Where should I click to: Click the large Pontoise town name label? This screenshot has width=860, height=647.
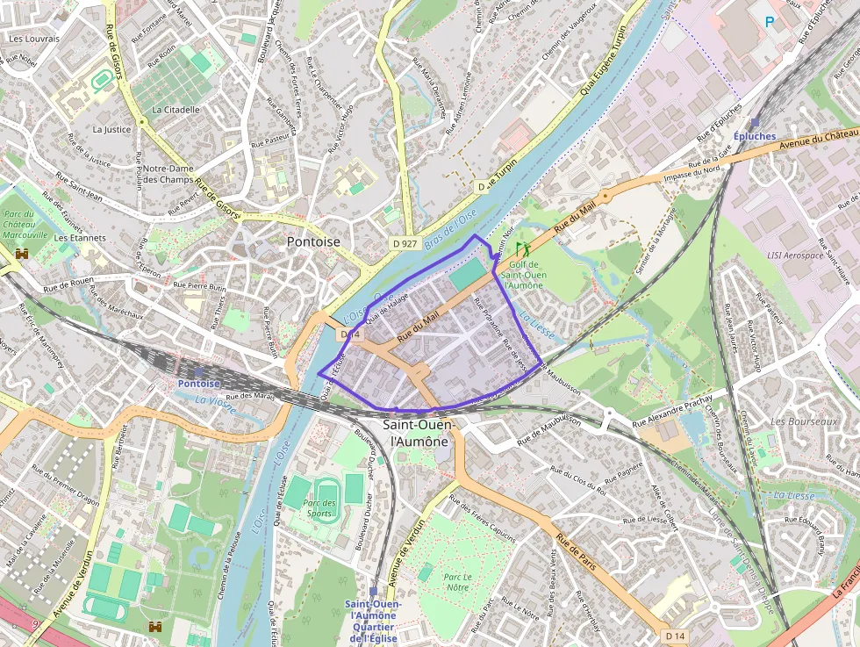[313, 241]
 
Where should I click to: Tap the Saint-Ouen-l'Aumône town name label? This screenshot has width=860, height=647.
[418, 433]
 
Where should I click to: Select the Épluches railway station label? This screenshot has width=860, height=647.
[755, 136]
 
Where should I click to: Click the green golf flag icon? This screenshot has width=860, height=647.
[523, 248]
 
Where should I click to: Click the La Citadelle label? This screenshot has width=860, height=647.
[176, 110]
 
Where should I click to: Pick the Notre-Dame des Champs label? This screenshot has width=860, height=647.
[168, 174]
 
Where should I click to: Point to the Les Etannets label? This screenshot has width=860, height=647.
[80, 238]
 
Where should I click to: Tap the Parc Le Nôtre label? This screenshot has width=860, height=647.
[457, 582]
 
